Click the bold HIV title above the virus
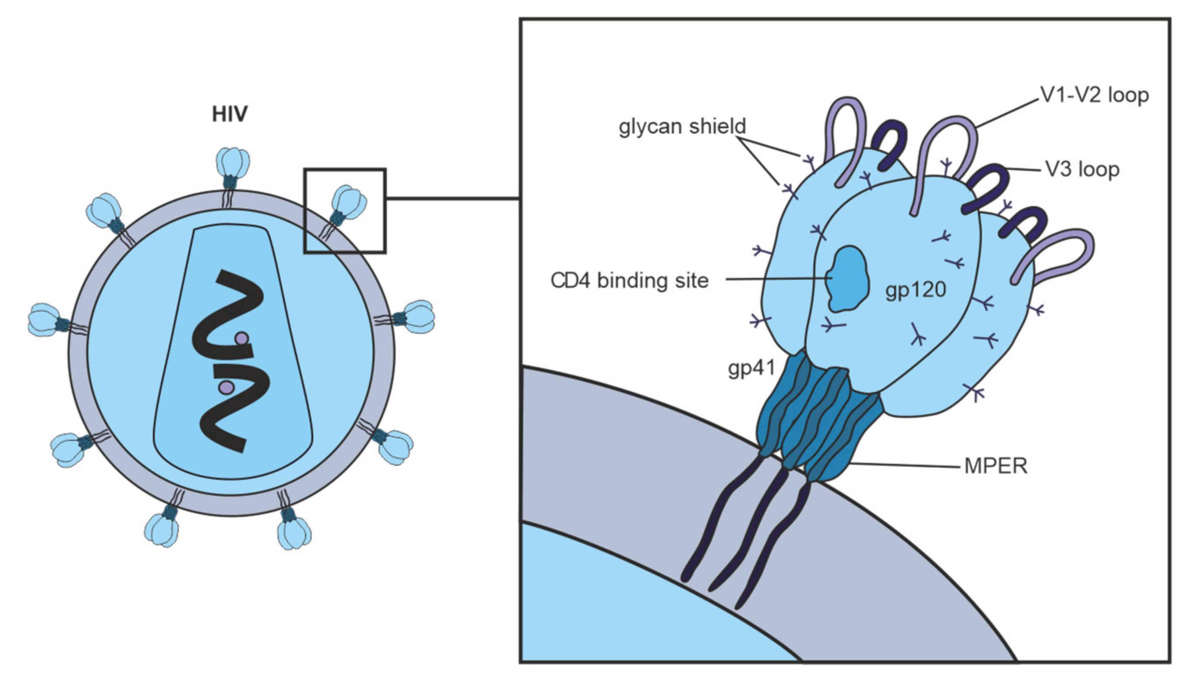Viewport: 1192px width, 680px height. click(x=229, y=114)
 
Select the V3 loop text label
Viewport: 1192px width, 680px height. click(x=1082, y=169)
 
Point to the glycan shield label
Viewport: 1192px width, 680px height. click(x=682, y=126)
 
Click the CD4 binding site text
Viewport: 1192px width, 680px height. click(x=629, y=280)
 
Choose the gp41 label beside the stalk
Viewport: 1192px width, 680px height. click(x=751, y=368)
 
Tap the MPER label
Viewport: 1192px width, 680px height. click(x=996, y=466)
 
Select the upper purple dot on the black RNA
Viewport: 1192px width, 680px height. click(x=241, y=338)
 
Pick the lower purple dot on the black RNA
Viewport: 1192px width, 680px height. click(x=227, y=386)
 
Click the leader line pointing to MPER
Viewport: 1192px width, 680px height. click(x=906, y=465)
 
